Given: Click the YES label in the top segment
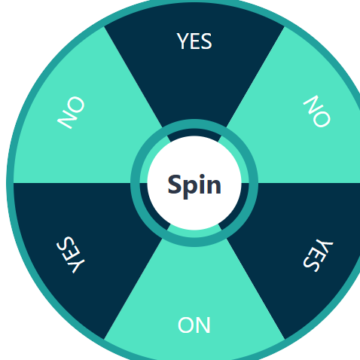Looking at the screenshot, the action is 194,41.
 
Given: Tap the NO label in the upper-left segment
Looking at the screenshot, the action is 71,112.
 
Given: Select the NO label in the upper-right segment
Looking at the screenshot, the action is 317,111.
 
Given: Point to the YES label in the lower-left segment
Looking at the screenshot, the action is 71,255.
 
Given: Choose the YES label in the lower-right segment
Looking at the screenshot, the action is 318,255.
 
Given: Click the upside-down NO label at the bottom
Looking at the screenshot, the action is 194,325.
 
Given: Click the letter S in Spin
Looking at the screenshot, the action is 174,185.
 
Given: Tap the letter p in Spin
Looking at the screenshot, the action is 190,188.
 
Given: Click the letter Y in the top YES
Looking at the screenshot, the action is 182,41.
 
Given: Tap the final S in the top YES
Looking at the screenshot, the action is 206,41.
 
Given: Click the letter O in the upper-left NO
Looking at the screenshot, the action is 76,105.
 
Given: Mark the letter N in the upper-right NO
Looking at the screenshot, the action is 312,104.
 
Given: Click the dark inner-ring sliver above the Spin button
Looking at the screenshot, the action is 194,134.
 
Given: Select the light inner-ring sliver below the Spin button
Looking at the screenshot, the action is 194,232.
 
